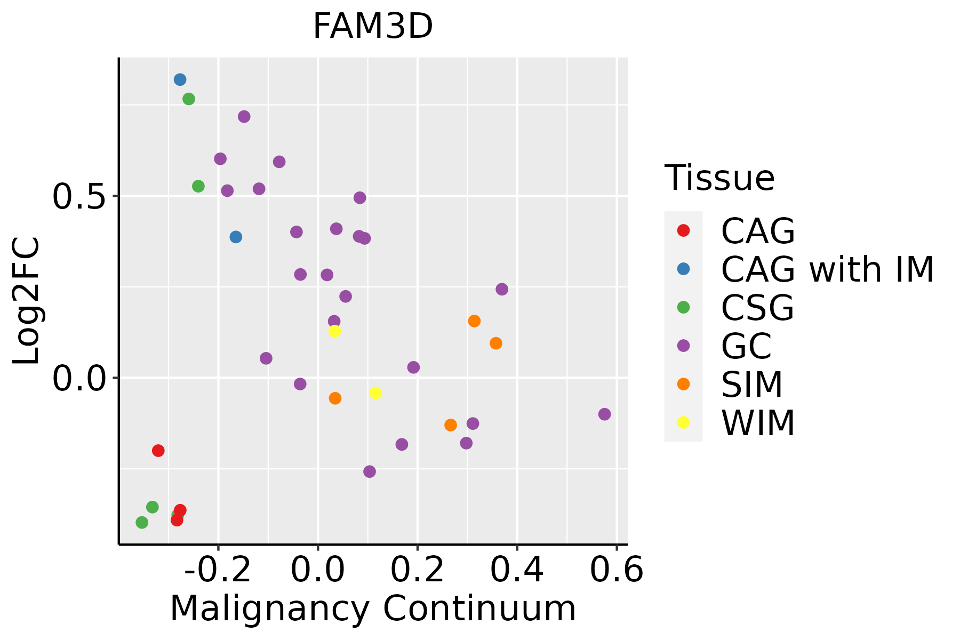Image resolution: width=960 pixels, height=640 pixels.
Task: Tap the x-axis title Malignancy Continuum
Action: [x=372, y=609]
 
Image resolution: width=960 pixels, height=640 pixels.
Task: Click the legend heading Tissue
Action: [x=719, y=178]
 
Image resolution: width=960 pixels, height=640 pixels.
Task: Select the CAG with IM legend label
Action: [x=827, y=269]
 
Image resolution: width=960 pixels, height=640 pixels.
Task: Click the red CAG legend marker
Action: [x=683, y=231]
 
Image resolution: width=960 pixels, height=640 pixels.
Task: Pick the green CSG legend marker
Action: [x=683, y=307]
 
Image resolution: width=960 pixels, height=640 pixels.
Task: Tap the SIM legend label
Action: [x=751, y=385]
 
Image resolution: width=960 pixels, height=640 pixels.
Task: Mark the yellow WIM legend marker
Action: [x=683, y=422]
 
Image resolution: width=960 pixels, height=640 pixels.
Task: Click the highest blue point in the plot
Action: [x=180, y=79]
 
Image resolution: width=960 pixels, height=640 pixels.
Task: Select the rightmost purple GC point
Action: [x=604, y=414]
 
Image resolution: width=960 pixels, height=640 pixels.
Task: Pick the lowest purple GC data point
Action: [x=370, y=471]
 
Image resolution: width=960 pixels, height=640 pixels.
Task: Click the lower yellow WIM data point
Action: [x=375, y=393]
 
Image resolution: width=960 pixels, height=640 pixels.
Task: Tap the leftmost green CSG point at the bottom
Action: [x=142, y=522]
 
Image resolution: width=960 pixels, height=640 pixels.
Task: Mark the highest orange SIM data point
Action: [x=474, y=321]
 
